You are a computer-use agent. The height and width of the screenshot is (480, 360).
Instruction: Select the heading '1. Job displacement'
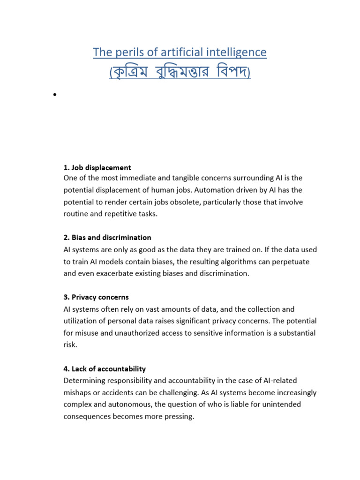tap(97, 167)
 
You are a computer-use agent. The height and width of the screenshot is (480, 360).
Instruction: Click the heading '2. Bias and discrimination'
tap(107, 238)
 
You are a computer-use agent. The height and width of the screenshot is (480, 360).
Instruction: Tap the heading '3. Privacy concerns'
tap(96, 297)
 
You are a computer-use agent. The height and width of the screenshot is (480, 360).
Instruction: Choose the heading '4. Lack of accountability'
tap(105, 369)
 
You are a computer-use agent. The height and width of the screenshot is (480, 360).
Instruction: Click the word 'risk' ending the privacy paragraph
tap(69, 345)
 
